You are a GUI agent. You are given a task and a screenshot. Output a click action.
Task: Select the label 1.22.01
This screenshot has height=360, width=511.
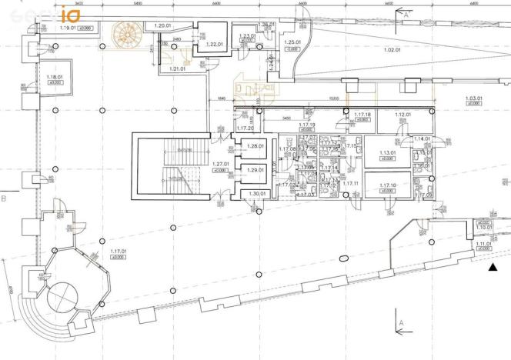point(215,43)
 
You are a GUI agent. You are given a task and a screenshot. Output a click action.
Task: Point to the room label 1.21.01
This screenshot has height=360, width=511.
point(177,69)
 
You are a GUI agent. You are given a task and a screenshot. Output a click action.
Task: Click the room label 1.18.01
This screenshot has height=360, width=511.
point(54,77)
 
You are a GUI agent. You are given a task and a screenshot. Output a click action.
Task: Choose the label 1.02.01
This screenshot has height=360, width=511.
point(393,50)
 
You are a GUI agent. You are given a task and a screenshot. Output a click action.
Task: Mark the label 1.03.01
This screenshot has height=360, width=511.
point(474,98)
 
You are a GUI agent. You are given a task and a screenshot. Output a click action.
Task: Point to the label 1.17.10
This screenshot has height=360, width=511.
point(387,186)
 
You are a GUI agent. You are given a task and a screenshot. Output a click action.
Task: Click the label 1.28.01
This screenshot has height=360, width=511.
point(255,146)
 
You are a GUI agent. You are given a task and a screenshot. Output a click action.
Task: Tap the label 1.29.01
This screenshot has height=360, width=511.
point(255,170)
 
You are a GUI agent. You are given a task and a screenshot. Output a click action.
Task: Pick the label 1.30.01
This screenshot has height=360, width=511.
point(255,194)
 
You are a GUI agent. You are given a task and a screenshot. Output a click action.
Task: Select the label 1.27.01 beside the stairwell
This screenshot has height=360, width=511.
point(221,165)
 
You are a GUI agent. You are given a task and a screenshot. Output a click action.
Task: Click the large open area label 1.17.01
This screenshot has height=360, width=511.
point(119,252)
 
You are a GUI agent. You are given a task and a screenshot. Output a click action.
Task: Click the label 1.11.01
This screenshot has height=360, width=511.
point(483,245)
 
